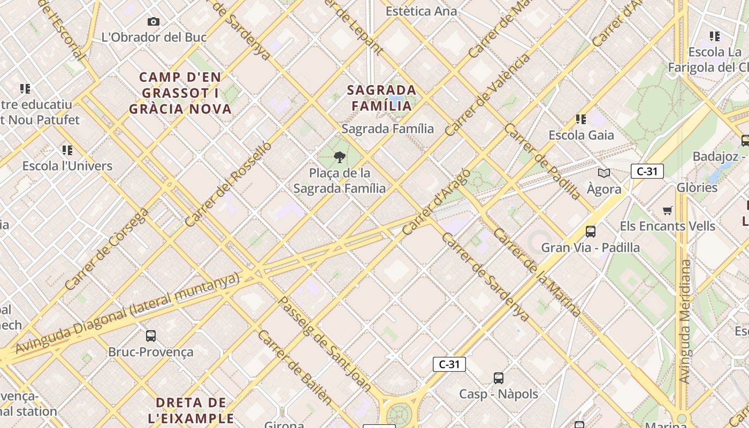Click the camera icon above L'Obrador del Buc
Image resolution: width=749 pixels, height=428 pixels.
click(x=154, y=21)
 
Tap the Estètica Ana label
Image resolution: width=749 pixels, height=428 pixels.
click(x=421, y=11)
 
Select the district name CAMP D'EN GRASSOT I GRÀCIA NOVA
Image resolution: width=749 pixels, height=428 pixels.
click(x=180, y=93)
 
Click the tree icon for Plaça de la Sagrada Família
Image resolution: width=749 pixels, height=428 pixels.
click(x=339, y=157)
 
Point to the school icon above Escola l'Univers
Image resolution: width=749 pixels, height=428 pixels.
click(x=67, y=150)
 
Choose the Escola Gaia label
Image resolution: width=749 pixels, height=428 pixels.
click(x=581, y=135)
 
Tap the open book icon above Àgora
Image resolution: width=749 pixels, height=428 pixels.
click(x=604, y=173)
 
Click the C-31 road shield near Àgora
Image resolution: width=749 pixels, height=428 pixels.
click(x=647, y=171)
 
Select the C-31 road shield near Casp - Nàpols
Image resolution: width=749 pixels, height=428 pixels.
click(x=449, y=364)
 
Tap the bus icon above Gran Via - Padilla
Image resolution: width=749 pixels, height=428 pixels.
click(x=591, y=231)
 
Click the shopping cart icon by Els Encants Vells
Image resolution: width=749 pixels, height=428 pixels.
click(x=667, y=210)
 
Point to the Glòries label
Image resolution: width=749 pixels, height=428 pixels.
click(x=697, y=187)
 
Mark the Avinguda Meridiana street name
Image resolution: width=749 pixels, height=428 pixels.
click(x=684, y=321)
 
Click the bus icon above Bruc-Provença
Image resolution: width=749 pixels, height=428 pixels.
click(x=151, y=335)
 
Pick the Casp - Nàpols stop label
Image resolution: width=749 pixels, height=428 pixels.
click(x=498, y=394)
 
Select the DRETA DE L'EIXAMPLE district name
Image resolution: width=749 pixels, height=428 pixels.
click(x=195, y=410)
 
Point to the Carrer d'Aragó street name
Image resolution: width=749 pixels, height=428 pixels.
click(x=435, y=202)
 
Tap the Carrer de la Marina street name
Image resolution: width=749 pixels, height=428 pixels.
click(x=537, y=272)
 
